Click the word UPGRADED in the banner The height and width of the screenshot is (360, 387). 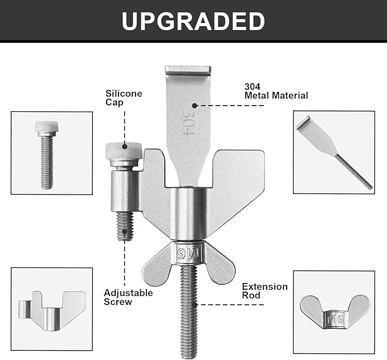tap(193, 21)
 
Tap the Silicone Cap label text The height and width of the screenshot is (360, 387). tap(124, 98)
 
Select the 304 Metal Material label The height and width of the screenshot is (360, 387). tap(276, 91)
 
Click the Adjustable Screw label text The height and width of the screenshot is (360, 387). tap(128, 297)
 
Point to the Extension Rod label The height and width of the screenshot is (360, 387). tap(264, 291)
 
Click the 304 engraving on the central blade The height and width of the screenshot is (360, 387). tap(188, 122)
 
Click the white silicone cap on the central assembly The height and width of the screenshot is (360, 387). tap(124, 150)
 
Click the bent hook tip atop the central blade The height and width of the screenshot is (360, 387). tap(188, 70)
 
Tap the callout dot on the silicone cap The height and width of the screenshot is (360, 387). tap(125, 147)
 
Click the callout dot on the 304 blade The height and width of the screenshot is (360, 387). tap(194, 106)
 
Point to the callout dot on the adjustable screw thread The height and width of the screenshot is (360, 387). tap(125, 232)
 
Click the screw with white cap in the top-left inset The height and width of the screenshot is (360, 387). tap(47, 155)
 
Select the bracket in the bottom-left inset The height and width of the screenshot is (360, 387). tap(52, 311)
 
